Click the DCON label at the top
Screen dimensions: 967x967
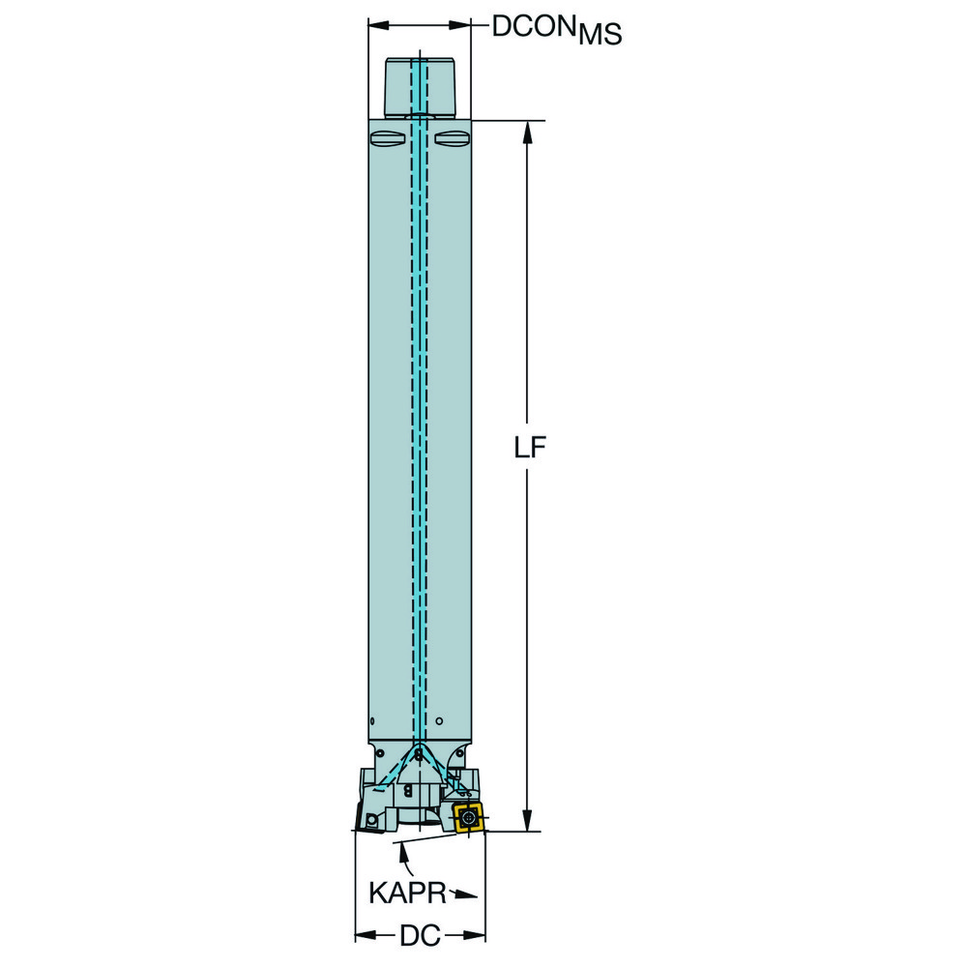(x=534, y=26)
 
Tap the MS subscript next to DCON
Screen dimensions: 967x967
(x=601, y=35)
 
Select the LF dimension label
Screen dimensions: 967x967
(x=530, y=449)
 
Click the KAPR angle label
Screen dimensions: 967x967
(x=407, y=893)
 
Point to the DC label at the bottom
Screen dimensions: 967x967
(x=420, y=935)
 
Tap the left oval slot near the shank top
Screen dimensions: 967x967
(x=388, y=138)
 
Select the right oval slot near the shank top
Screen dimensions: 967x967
(x=452, y=138)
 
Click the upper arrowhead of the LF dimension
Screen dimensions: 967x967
(x=527, y=132)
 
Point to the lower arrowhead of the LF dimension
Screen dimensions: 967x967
(x=527, y=818)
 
